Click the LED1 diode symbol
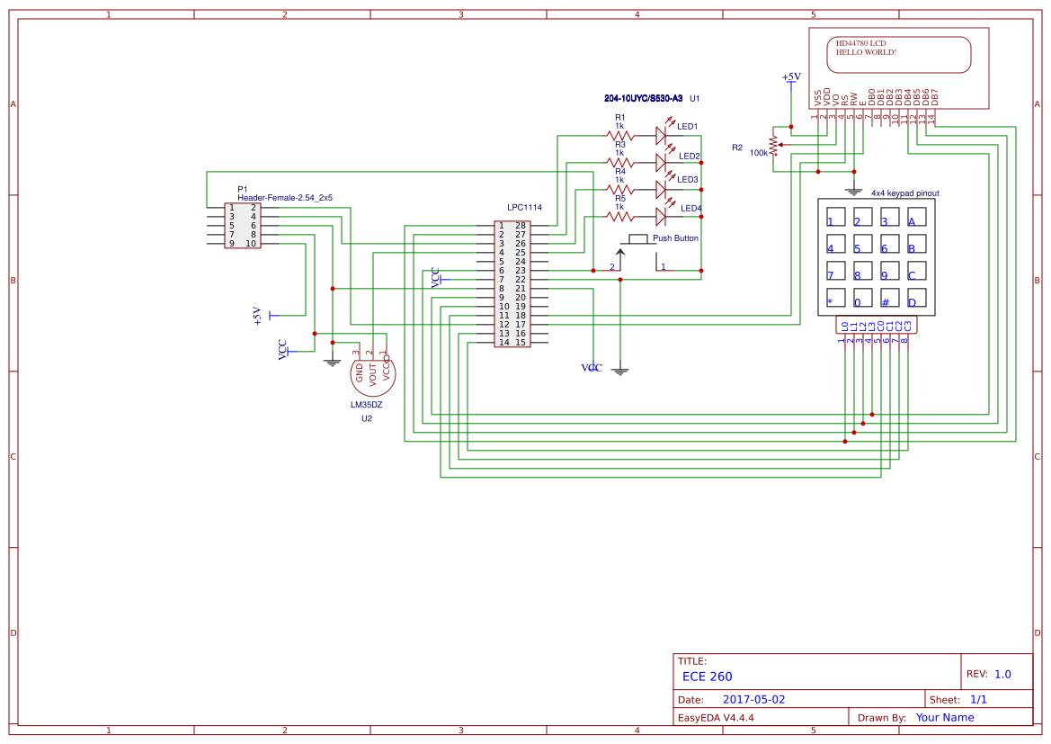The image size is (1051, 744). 662,136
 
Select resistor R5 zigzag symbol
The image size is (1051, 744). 619,217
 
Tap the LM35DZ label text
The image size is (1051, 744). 366,405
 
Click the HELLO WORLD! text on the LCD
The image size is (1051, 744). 866,52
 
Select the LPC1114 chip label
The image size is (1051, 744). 524,207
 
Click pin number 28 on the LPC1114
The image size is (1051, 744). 520,225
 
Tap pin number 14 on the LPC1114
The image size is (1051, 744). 503,343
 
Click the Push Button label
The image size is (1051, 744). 675,238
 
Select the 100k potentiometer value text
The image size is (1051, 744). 759,153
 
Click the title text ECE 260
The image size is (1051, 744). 707,677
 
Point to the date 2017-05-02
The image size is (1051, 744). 753,699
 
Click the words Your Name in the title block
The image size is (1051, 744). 945,717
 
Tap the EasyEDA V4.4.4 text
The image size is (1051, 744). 716,717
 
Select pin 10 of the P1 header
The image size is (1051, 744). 252,244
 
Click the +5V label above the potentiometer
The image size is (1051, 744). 791,77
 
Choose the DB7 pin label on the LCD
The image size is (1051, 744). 935,97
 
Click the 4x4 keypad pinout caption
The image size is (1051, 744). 904,193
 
